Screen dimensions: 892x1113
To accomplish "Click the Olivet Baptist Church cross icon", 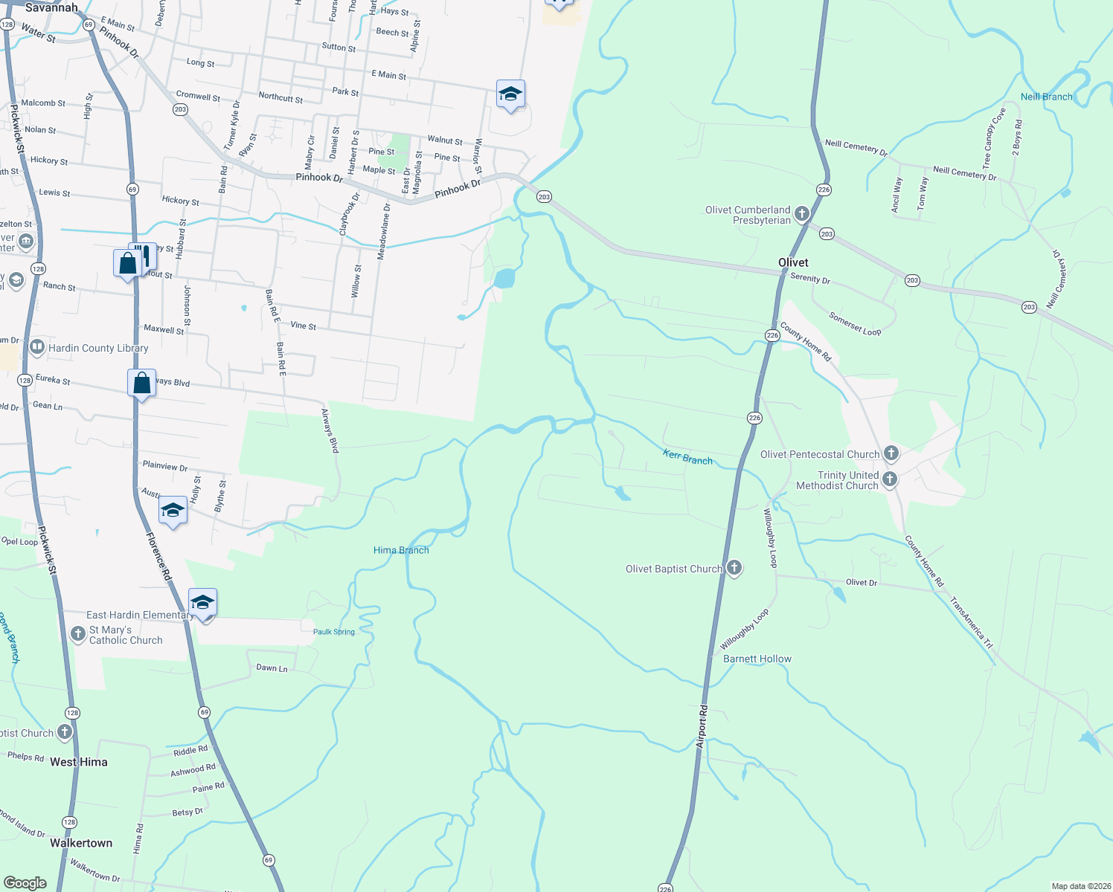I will (734, 569).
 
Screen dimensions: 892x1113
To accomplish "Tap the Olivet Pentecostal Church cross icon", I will (891, 453).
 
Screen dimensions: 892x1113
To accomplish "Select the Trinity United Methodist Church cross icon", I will (890, 480).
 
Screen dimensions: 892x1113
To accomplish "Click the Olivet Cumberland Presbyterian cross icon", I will (801, 214).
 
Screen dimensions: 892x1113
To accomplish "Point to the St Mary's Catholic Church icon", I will (77, 634).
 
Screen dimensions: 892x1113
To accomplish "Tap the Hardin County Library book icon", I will (37, 347).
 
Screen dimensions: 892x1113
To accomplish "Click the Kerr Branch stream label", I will (687, 457).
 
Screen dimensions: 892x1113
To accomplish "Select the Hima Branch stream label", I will (401, 550).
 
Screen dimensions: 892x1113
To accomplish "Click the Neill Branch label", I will (1046, 97).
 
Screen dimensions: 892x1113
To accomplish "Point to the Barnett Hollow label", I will (757, 659).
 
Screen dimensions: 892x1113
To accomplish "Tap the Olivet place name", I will (793, 262).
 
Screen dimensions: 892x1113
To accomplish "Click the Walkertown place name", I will (81, 843).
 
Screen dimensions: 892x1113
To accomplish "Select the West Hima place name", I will (78, 762).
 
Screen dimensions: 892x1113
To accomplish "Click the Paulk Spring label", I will (333, 632).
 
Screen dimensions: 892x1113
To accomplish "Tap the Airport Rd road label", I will (702, 726).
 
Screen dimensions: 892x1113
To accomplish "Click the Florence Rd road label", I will (158, 556).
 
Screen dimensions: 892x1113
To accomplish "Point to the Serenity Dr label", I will (810, 278).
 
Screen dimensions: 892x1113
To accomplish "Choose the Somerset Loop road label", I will (855, 324).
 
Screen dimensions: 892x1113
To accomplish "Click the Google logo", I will (25, 882).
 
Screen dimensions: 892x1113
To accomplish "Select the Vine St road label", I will (303, 326).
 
